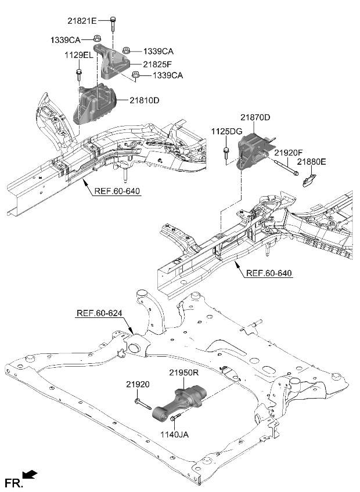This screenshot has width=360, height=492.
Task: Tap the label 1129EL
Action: (x=78, y=55)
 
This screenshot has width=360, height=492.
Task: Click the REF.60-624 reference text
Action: (x=99, y=313)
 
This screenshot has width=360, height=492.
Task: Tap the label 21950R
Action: (x=185, y=372)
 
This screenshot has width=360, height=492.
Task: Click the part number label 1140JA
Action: (x=174, y=432)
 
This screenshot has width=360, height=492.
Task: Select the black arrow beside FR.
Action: (x=31, y=475)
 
